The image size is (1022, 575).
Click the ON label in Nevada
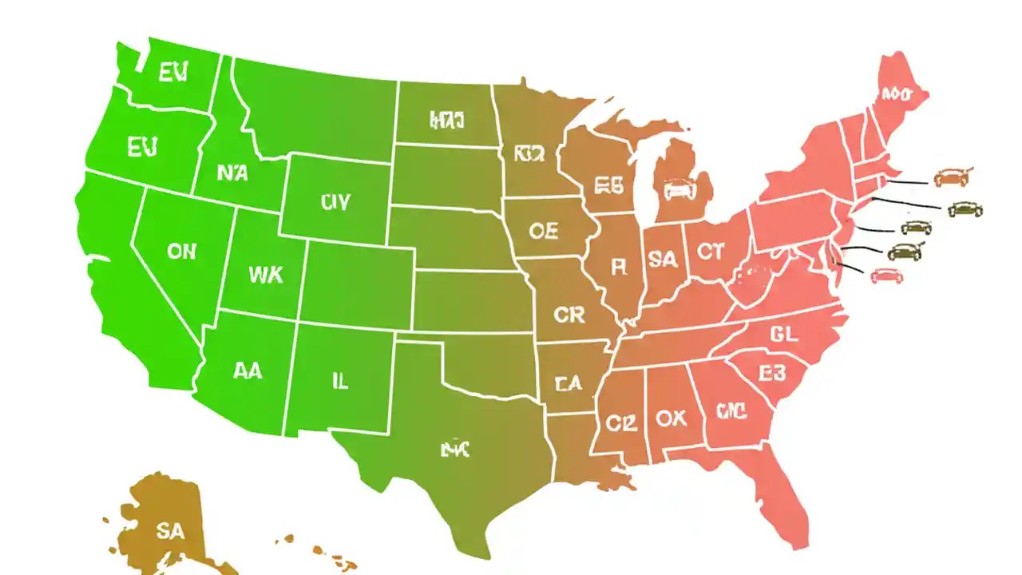pyautogui.click(x=181, y=251)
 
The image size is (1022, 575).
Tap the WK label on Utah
pyautogui.click(x=265, y=275)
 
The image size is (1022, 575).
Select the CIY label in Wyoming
pyautogui.click(x=335, y=202)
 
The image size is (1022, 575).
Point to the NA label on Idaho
pyautogui.click(x=232, y=172)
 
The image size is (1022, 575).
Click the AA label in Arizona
pyautogui.click(x=248, y=371)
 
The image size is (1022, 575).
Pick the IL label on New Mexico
pyautogui.click(x=340, y=381)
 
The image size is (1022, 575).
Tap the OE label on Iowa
pyautogui.click(x=544, y=231)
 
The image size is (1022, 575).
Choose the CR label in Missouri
pyautogui.click(x=569, y=315)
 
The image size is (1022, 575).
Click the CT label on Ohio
pyautogui.click(x=710, y=252)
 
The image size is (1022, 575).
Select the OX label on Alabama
pyautogui.click(x=671, y=418)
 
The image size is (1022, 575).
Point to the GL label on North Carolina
pyautogui.click(x=784, y=335)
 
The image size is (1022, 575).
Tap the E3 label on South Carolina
pyautogui.click(x=772, y=373)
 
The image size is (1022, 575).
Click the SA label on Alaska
pyautogui.click(x=170, y=532)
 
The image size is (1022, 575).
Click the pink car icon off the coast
pyautogui.click(x=885, y=276)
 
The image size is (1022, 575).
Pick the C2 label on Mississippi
pyautogui.click(x=620, y=423)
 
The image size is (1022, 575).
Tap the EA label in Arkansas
pyautogui.click(x=568, y=384)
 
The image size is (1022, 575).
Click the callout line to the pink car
pyautogui.click(x=851, y=269)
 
